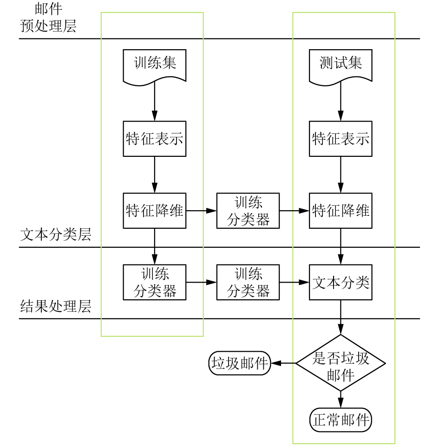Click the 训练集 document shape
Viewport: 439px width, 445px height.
(x=155, y=67)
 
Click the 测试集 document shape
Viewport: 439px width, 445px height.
(x=341, y=67)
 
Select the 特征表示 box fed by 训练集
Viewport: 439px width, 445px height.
(x=155, y=139)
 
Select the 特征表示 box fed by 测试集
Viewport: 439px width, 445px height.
(x=341, y=139)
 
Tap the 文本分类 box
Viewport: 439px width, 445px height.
(x=341, y=283)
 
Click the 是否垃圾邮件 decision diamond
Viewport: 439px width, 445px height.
(x=341, y=363)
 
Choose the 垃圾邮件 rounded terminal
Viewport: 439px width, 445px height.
(x=240, y=363)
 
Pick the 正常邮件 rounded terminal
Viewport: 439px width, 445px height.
(x=341, y=420)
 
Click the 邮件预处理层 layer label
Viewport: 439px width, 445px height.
(x=48, y=17)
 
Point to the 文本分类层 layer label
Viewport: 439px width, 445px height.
(x=56, y=235)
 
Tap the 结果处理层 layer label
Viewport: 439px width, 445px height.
(x=56, y=307)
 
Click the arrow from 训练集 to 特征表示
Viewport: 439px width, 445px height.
(x=155, y=101)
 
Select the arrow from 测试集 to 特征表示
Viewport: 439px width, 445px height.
(x=341, y=101)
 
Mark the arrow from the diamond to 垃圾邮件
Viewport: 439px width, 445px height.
(x=283, y=363)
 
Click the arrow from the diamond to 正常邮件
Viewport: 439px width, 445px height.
(x=341, y=400)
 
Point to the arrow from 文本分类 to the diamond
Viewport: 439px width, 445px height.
(x=341, y=317)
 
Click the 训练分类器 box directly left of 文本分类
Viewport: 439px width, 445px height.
(x=248, y=283)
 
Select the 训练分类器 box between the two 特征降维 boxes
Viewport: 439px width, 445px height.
(x=248, y=211)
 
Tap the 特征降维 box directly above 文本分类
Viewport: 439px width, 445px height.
(x=341, y=211)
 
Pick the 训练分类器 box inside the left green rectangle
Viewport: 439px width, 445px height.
(x=155, y=283)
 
